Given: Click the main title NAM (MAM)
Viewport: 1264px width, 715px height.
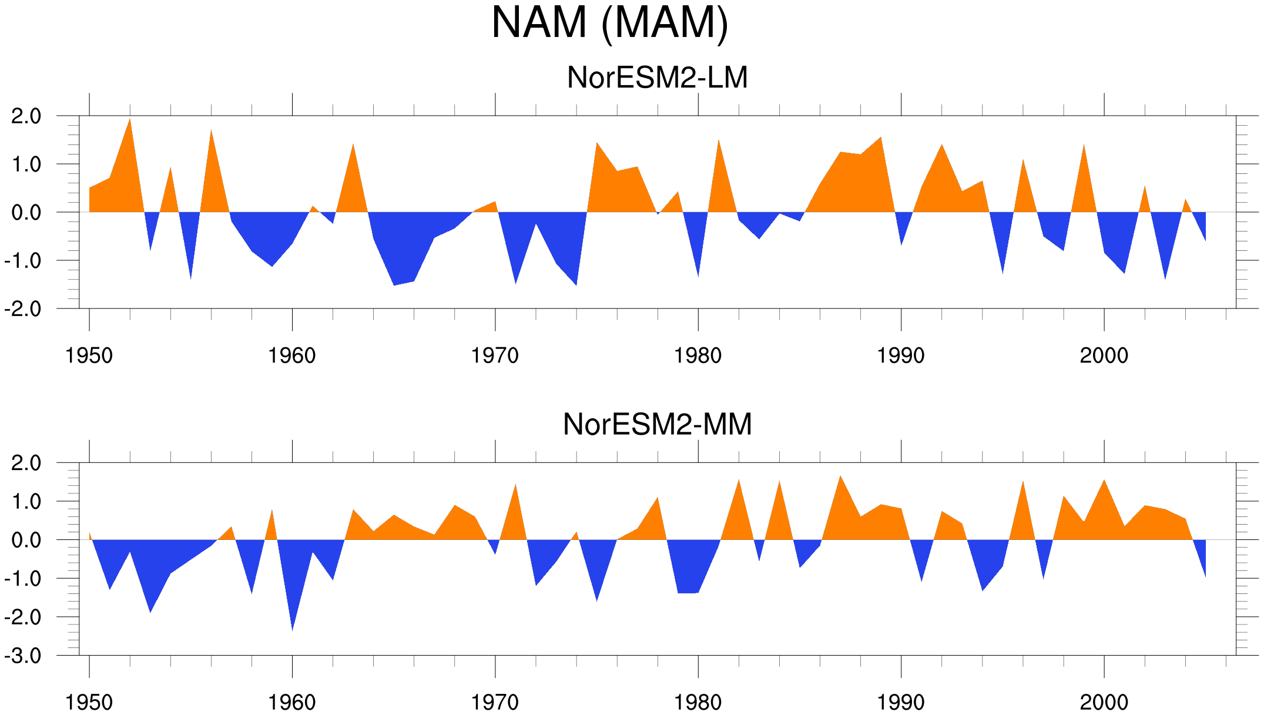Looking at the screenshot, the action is click(x=609, y=24).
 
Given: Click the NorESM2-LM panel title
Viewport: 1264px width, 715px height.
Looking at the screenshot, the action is click(x=657, y=78).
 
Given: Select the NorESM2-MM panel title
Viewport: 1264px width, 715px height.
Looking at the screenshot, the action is click(x=657, y=424).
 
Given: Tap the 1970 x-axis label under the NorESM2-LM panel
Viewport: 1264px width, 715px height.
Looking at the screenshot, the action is click(x=495, y=355).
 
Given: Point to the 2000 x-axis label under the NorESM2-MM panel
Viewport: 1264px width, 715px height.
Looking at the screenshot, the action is click(x=1104, y=702).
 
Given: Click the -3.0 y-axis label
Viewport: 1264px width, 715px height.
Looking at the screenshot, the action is click(x=23, y=656).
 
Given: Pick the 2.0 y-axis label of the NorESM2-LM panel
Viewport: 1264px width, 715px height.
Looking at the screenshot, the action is click(x=26, y=116).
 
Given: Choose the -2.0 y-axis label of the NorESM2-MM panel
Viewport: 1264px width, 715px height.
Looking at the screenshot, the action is click(x=23, y=617).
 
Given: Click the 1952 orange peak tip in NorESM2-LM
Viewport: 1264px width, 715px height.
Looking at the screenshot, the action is click(x=130, y=119).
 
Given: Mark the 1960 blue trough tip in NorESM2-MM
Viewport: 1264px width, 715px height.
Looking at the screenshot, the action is click(x=292, y=631).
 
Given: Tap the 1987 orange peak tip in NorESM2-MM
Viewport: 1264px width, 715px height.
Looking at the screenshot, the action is click(x=840, y=475).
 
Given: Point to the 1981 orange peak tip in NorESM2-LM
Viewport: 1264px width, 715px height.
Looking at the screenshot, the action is click(x=719, y=140).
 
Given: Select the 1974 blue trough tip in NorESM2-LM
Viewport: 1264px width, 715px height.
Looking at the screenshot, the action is click(x=576, y=286).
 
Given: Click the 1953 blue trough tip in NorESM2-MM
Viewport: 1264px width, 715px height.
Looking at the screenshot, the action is click(x=150, y=613).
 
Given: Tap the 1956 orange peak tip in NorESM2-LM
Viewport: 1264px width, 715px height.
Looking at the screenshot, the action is click(x=211, y=130).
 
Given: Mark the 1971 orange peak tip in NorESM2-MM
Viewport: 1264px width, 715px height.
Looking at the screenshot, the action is click(x=515, y=484).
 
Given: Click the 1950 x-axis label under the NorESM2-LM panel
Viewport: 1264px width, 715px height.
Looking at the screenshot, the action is click(x=89, y=355).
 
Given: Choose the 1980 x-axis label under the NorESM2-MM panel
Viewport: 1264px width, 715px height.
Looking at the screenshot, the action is click(x=698, y=702).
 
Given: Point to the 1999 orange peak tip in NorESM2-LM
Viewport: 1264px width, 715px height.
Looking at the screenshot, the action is click(x=1084, y=144).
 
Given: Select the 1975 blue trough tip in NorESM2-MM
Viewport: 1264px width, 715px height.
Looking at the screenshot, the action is click(x=597, y=601).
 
